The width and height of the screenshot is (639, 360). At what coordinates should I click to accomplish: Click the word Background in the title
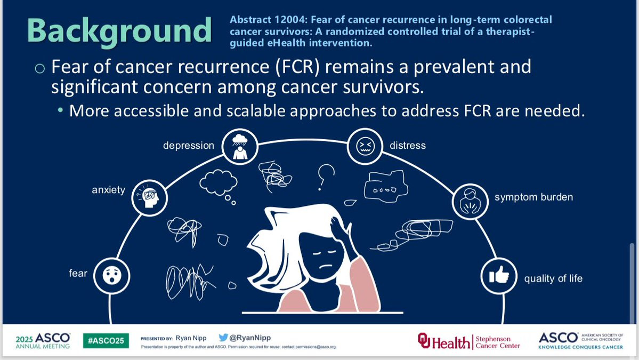pyautogui.click(x=119, y=31)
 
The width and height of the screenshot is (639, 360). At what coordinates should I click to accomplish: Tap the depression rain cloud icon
pyautogui.click(x=240, y=146)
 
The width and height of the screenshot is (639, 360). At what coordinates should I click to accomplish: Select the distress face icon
pyautogui.click(x=365, y=146)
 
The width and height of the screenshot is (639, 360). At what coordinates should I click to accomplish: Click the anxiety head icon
pyautogui.click(x=150, y=198)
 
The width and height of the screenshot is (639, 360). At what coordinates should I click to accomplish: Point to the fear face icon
pyautogui.click(x=112, y=276)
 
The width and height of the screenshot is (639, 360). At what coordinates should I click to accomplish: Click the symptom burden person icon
pyautogui.click(x=470, y=202)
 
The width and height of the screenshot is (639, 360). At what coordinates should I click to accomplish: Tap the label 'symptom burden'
pyautogui.click(x=534, y=197)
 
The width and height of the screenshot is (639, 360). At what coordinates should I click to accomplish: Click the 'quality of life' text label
pyautogui.click(x=553, y=278)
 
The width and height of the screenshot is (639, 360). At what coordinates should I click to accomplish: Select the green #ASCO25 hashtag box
pyautogui.click(x=106, y=341)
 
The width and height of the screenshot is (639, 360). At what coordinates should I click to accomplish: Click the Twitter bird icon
pyautogui.click(x=223, y=338)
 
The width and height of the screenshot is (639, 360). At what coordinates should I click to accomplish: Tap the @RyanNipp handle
pyautogui.click(x=250, y=338)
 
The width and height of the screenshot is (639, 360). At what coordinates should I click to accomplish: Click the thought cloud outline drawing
pyautogui.click(x=219, y=183)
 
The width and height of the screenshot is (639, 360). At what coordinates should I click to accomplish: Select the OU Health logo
pyautogui.click(x=443, y=341)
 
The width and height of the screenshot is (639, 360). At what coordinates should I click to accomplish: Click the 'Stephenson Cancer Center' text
pyautogui.click(x=498, y=342)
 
